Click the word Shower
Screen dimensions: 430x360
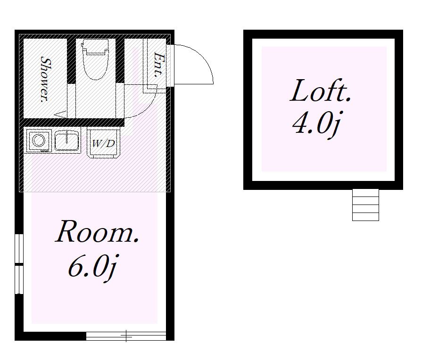pyautogui.click(x=45, y=79)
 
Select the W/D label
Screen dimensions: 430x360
pyautogui.click(x=103, y=143)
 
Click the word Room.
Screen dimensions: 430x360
pyautogui.click(x=97, y=232)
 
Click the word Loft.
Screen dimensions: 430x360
pyautogui.click(x=320, y=90)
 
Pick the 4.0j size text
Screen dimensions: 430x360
pyautogui.click(x=317, y=125)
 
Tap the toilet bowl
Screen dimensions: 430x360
pyautogui.click(x=95, y=65)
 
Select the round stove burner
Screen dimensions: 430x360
pyautogui.click(x=39, y=140)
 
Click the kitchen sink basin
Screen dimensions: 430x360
pyautogui.click(x=67, y=140)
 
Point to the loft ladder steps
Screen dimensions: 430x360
pyautogui.click(x=365, y=205)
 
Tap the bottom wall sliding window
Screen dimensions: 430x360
pyautogui.click(x=126, y=336)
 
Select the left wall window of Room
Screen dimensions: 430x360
pyautogui.click(x=19, y=264)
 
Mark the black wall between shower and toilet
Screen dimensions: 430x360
pyautogui.click(x=71, y=61)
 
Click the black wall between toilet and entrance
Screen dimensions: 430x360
pyautogui.click(x=120, y=60)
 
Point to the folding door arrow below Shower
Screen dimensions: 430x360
pyautogui.click(x=60, y=114)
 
